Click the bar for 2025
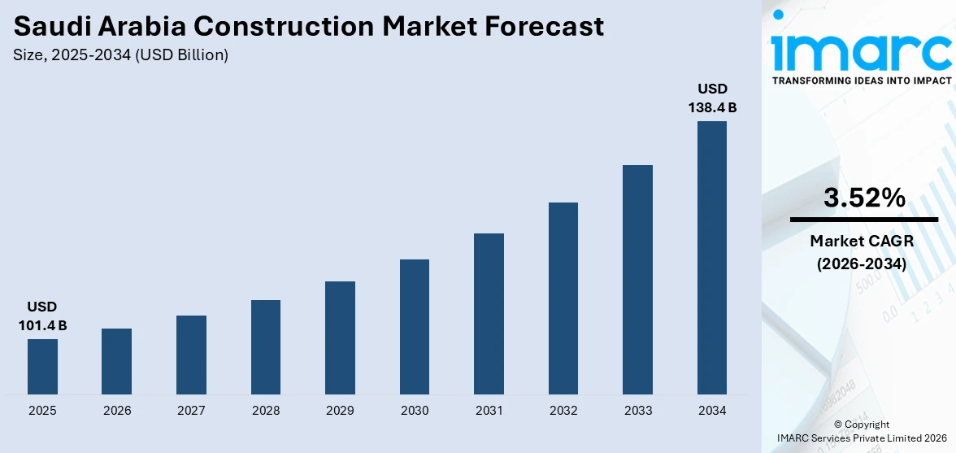[x=42, y=367]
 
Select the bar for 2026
[x=116, y=362]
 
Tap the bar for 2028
[x=266, y=347]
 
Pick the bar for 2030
[x=415, y=327]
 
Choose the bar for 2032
[x=563, y=298]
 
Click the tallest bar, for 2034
[x=712, y=258]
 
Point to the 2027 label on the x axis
[x=191, y=411]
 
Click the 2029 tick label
[x=340, y=411]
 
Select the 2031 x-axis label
[x=489, y=411]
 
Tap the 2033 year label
[x=638, y=411]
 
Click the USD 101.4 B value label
[x=42, y=316]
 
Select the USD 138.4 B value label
[x=712, y=98]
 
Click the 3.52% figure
[x=863, y=198]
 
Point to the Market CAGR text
[x=862, y=241]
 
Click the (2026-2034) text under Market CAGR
[x=862, y=264]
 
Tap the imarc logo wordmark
[x=861, y=50]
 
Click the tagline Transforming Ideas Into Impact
[x=861, y=81]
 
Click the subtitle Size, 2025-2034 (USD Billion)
[x=121, y=55]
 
